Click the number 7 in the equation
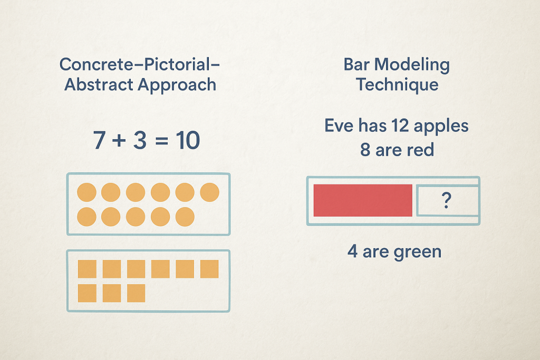click(99, 140)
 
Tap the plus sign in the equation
click(119, 140)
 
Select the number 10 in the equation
click(188, 140)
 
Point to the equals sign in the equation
click(161, 141)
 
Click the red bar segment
click(363, 201)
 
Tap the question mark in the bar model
click(446, 200)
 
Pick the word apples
click(441, 127)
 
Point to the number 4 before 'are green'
click(352, 251)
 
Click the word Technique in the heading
click(397, 85)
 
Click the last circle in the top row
click(209, 192)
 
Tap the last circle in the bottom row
click(185, 217)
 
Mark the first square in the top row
click(87, 269)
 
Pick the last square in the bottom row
click(136, 293)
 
